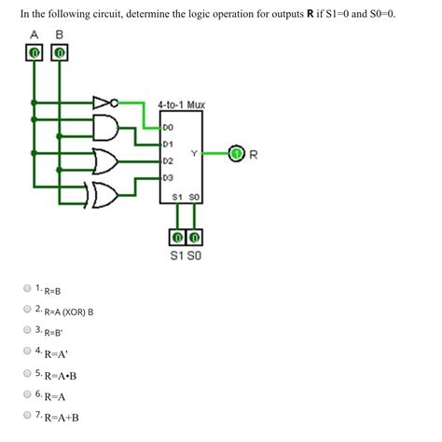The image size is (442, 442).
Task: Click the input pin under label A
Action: (35, 54)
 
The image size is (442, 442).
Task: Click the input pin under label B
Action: (60, 54)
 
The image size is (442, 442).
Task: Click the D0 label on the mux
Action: (169, 126)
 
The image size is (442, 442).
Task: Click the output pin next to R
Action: (238, 152)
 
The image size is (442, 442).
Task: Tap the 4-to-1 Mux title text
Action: (182, 105)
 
